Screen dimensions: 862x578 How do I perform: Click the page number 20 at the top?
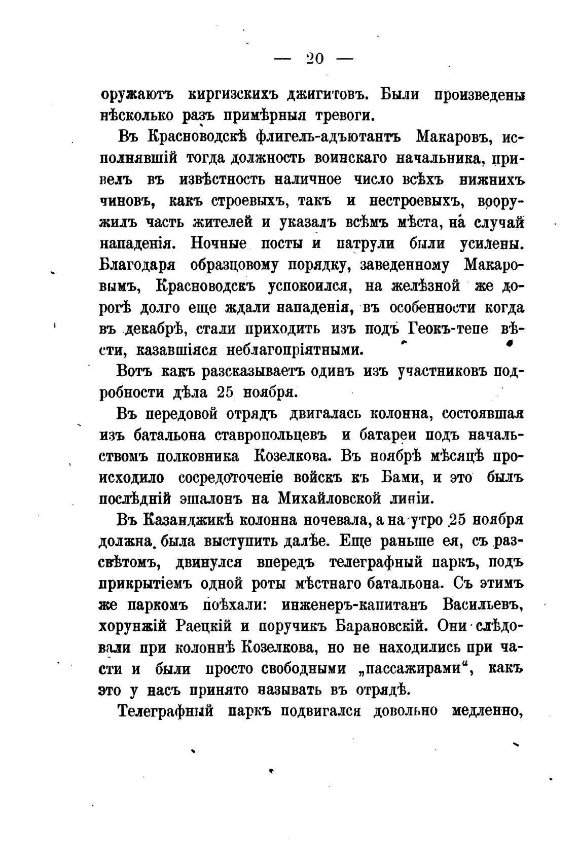(x=314, y=59)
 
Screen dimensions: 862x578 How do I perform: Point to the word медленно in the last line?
(x=487, y=711)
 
